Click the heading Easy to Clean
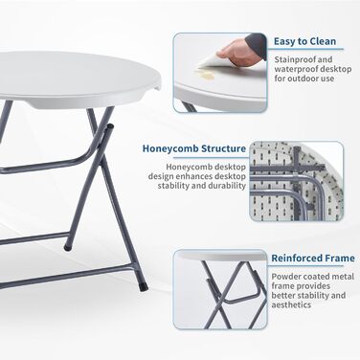[304, 41]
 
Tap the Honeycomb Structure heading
[194, 148]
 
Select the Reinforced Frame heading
[313, 259]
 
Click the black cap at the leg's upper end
[110, 126]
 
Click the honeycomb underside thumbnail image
[297, 181]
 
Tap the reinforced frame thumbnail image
[220, 289]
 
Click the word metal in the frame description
[345, 277]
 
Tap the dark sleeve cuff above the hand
[257, 44]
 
